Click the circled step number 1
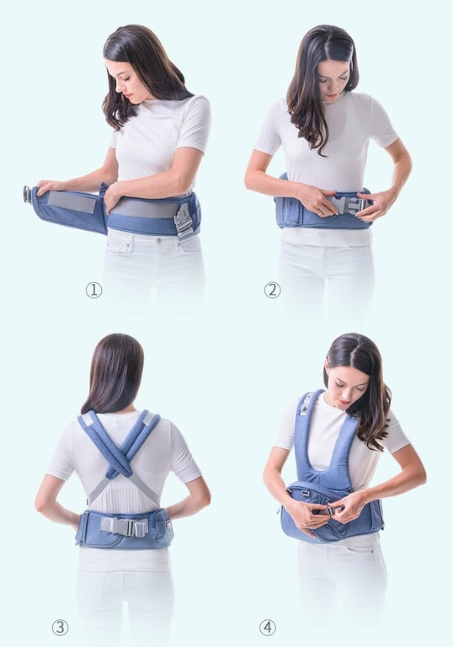(93, 290)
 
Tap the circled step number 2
(272, 290)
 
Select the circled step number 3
(61, 628)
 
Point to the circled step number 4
(268, 628)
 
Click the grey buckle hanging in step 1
(184, 222)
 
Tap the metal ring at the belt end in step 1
(27, 194)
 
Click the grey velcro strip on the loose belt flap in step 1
(72, 202)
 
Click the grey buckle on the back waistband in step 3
(124, 527)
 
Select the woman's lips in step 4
(344, 401)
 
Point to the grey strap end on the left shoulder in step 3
(87, 420)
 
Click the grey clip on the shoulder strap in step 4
(305, 406)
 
